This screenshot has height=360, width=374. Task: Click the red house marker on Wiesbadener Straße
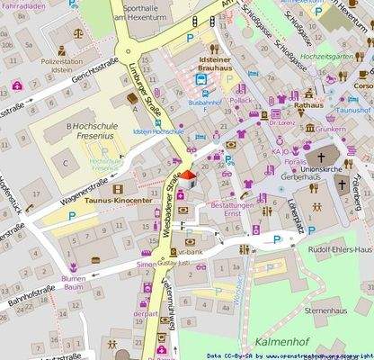click(188, 176)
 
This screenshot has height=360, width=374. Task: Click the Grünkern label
click(331, 130)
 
